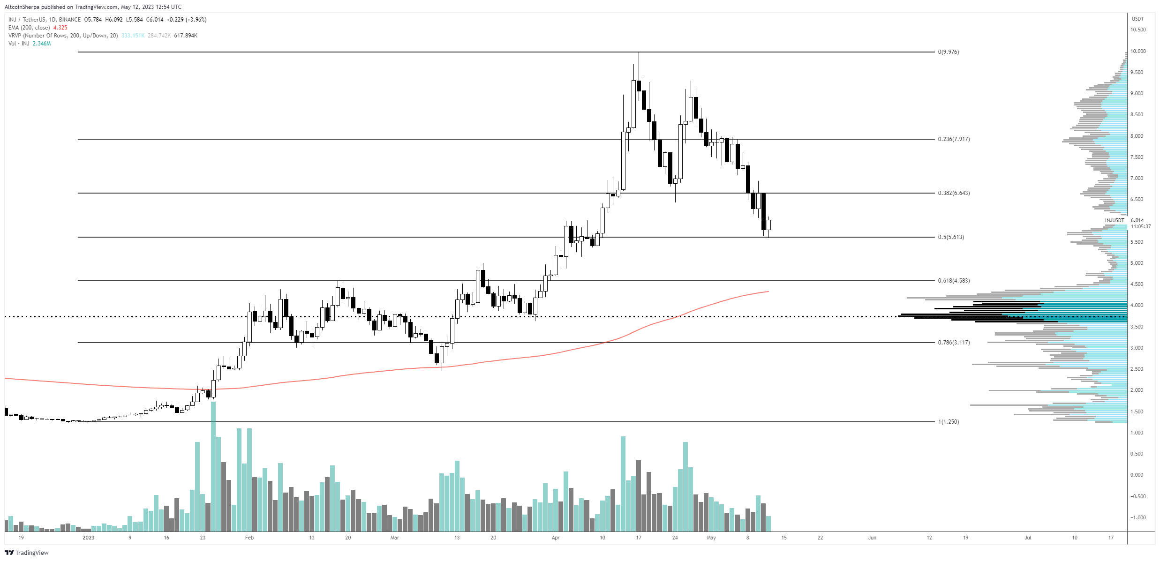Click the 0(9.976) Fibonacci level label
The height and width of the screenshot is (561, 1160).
(x=948, y=52)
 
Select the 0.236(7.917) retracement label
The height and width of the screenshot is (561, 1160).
(x=954, y=139)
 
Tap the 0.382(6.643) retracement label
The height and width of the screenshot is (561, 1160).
(x=954, y=193)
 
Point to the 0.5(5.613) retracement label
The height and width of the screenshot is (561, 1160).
(x=951, y=237)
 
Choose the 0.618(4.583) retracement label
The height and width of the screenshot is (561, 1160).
(x=954, y=281)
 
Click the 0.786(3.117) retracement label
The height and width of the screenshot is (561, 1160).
(x=954, y=343)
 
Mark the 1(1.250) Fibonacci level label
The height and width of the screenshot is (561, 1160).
(x=948, y=422)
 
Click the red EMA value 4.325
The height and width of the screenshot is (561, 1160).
(x=60, y=28)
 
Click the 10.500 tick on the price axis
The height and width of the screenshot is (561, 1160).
(x=1138, y=30)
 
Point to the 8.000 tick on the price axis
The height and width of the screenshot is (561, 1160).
(x=1137, y=136)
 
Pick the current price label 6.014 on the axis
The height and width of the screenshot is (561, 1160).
(x=1137, y=220)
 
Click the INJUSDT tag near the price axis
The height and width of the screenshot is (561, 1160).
(x=1115, y=220)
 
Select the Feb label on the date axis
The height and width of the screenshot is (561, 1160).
(x=249, y=538)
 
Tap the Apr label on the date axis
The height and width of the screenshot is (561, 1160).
(x=556, y=538)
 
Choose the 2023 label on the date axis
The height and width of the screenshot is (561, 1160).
(x=88, y=538)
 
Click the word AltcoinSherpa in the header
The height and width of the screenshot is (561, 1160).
(x=22, y=7)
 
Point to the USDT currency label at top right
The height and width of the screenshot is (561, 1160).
(x=1137, y=19)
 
